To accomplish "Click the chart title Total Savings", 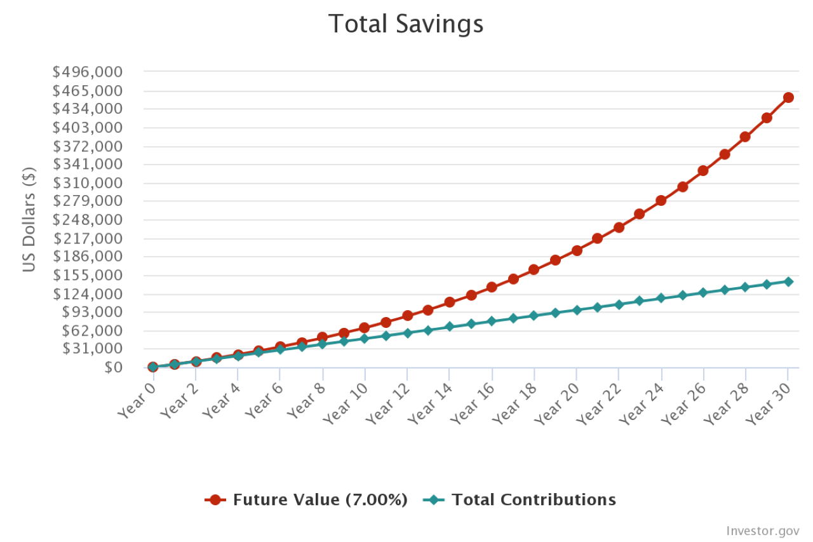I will click(406, 25).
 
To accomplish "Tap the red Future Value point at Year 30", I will click(788, 97).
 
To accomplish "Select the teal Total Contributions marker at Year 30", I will click(788, 281).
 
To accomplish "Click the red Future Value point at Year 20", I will click(577, 250).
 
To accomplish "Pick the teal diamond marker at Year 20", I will click(577, 310).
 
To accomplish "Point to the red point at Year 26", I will click(703, 171).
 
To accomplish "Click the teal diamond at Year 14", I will click(450, 327).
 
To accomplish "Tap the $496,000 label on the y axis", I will click(87, 72).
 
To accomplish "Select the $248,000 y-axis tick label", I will click(87, 220).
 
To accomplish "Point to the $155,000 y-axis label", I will click(87, 275).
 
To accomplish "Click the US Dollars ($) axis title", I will click(29, 219).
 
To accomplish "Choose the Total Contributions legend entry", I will click(520, 500).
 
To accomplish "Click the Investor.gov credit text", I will click(762, 531).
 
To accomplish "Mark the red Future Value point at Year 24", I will click(661, 201).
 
